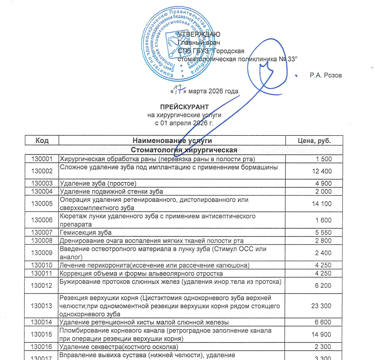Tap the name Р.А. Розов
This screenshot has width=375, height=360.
tap(325, 75)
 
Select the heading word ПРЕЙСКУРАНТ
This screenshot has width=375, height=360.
tap(184, 107)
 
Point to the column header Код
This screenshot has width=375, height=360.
tap(42, 141)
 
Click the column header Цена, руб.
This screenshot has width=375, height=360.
tap(314, 141)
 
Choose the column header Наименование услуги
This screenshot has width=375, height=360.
tap(172, 141)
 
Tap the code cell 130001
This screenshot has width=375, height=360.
tap(42, 159)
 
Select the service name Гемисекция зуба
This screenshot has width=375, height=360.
tap(86, 232)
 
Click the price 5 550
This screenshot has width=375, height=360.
tap(324, 232)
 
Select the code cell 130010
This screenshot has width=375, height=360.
tap(42, 265)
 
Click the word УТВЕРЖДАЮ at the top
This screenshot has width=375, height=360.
tap(199, 35)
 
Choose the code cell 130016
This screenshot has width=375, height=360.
tap(42, 347)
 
